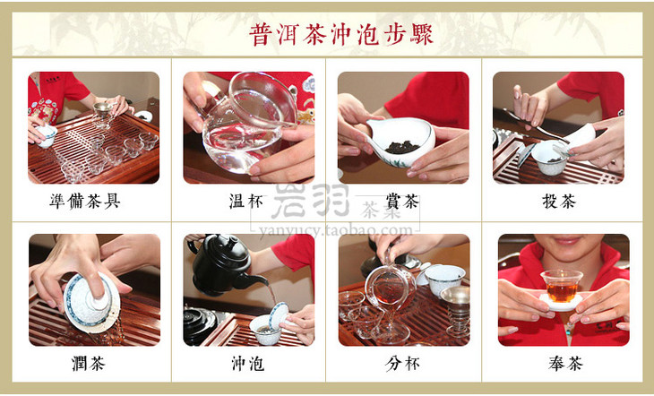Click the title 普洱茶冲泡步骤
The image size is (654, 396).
pyautogui.click(x=341, y=34)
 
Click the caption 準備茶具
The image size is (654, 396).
pyautogui.click(x=85, y=202)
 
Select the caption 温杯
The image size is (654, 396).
pyautogui.click(x=246, y=202)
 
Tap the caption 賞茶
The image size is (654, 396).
pyautogui.click(x=402, y=202)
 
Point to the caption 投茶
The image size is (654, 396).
pyautogui.click(x=559, y=202)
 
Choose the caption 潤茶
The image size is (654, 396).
pyautogui.click(x=89, y=364)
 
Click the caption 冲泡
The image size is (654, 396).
pyautogui.click(x=248, y=364)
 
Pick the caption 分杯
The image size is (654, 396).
pyautogui.click(x=402, y=364)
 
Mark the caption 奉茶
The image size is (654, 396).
pyautogui.click(x=565, y=364)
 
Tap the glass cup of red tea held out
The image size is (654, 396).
pyautogui.click(x=562, y=286)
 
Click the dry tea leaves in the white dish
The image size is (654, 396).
pyautogui.click(x=401, y=147)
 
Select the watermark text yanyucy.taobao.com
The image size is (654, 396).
pyautogui.click(x=335, y=230)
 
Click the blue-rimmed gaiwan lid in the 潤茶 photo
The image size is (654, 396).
pyautogui.click(x=92, y=299)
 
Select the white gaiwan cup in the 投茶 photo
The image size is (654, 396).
pyautogui.click(x=551, y=158)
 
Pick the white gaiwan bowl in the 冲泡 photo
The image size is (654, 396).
pyautogui.click(x=266, y=329)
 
